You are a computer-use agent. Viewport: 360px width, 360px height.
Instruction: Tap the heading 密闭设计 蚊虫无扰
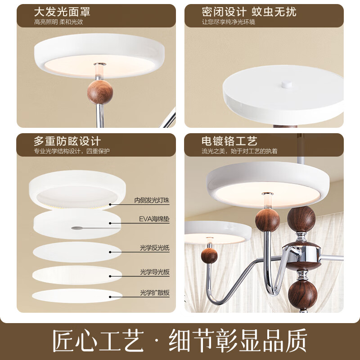click(249, 11)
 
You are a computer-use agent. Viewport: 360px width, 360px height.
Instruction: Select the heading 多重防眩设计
click(67, 141)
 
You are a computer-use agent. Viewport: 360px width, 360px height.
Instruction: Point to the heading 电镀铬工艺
click(229, 141)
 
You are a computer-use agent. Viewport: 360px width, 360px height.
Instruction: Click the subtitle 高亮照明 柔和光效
click(58, 22)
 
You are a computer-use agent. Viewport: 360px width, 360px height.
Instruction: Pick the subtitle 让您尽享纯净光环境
click(229, 22)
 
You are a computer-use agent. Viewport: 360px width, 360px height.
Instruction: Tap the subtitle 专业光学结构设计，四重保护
click(72, 151)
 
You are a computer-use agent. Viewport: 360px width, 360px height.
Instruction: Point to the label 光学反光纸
click(154, 248)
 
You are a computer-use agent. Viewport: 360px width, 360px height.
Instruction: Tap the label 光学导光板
click(154, 272)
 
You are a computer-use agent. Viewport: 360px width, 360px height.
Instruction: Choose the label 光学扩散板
click(154, 293)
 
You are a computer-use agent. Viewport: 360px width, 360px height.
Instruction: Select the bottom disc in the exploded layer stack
click(77, 296)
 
